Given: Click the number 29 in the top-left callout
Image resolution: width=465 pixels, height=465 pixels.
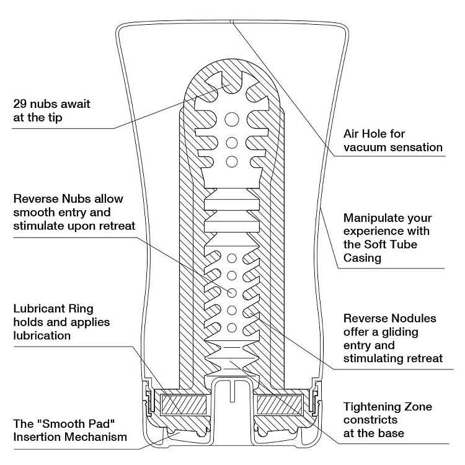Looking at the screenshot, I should pyautogui.click(x=20, y=104).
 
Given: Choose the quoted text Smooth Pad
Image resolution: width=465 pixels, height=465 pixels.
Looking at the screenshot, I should pyautogui.click(x=67, y=424).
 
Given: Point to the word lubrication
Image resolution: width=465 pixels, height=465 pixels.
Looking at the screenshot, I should pyautogui.click(x=42, y=335).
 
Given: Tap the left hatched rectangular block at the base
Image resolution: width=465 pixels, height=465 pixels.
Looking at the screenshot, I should pyautogui.click(x=184, y=406).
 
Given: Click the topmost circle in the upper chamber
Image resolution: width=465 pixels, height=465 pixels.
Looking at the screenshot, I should pyautogui.click(x=232, y=118).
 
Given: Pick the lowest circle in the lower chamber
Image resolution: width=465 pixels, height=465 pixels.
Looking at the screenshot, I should pyautogui.click(x=232, y=327).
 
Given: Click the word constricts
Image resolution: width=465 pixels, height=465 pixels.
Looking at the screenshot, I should pyautogui.click(x=371, y=420).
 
